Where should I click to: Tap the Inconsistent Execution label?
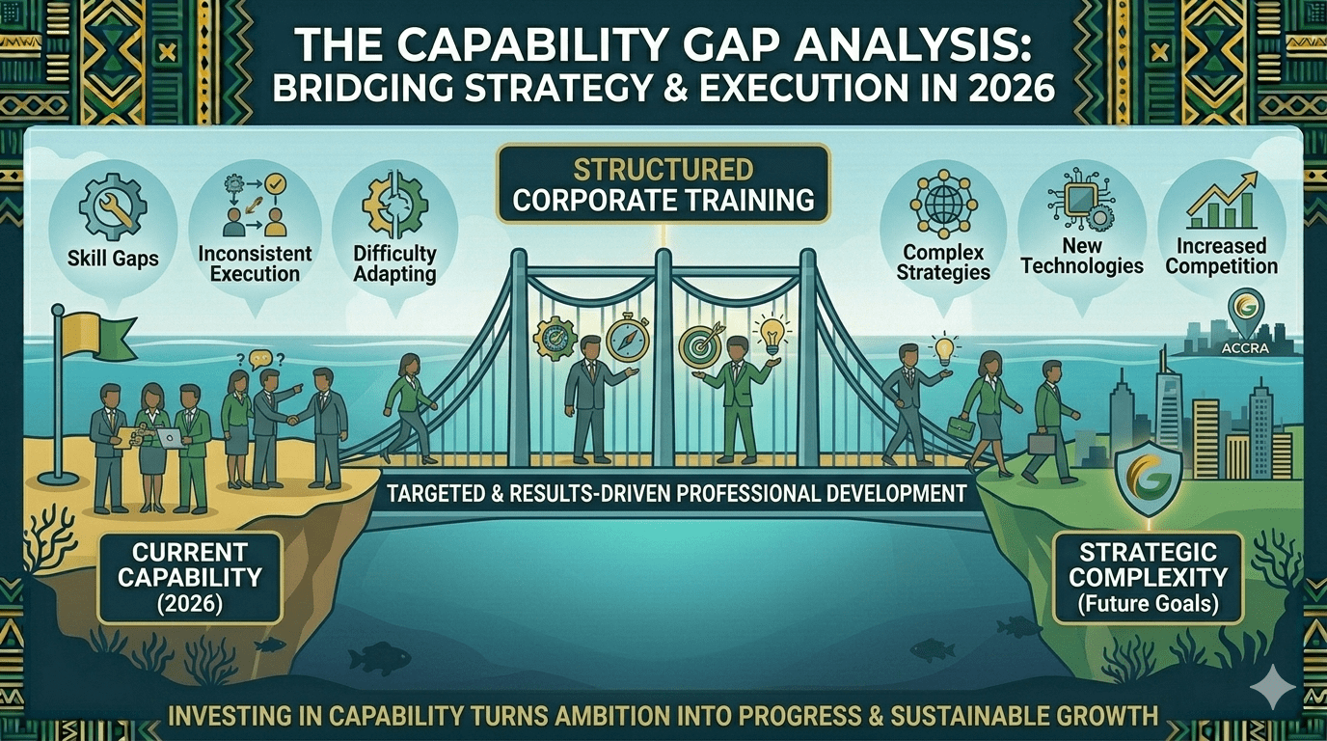tap(255, 263)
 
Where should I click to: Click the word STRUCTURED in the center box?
tap(663, 171)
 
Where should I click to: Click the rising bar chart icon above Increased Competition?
tap(1222, 201)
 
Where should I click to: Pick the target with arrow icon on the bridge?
tap(701, 344)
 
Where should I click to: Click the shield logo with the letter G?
tap(1149, 478)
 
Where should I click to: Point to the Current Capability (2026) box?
tap(190, 578)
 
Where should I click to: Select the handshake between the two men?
tap(292, 420)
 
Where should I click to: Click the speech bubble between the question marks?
tap(260, 359)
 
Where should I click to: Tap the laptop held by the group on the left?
tap(170, 437)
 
